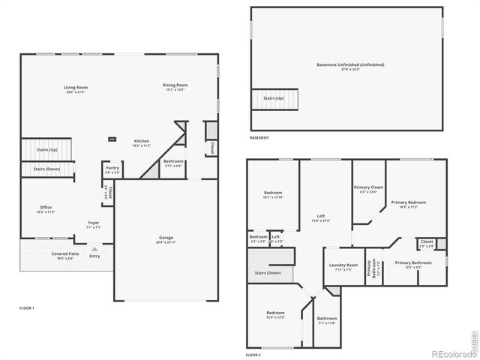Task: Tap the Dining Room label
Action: click(x=175, y=86)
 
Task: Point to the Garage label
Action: click(x=166, y=238)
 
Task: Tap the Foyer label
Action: click(x=94, y=223)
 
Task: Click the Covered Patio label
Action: click(x=63, y=255)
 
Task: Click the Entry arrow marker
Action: click(x=94, y=248)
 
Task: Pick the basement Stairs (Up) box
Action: click(x=274, y=98)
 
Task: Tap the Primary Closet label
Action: click(x=368, y=188)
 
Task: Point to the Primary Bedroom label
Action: click(x=408, y=203)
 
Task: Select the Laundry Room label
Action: click(x=343, y=266)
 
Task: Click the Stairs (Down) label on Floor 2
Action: click(x=268, y=273)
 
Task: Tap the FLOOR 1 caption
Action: click(x=27, y=308)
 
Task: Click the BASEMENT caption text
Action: click(x=259, y=138)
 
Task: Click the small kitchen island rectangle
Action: click(x=112, y=138)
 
